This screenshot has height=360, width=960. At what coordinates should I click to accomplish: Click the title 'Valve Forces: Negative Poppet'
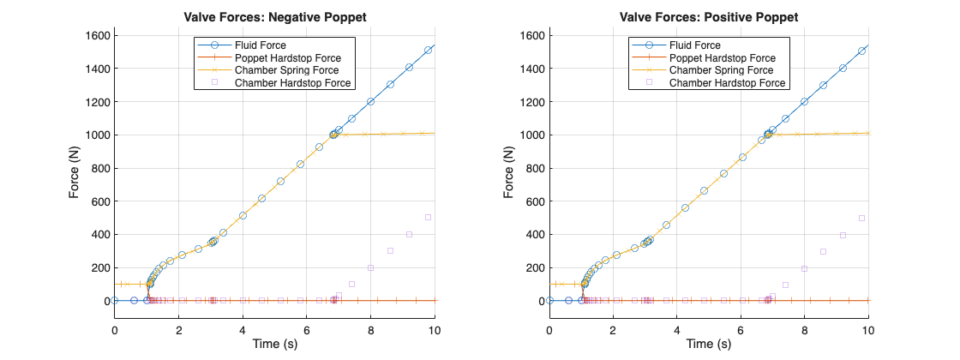point(275,17)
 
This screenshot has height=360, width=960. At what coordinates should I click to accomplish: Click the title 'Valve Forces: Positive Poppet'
point(709,17)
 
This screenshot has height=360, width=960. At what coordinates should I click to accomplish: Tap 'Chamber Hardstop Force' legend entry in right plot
point(727,83)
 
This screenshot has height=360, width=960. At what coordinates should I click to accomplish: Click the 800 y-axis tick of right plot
point(534,168)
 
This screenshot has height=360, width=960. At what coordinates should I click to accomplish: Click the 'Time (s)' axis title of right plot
point(709,345)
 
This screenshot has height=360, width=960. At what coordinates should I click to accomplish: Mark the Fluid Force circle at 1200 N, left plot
point(371,101)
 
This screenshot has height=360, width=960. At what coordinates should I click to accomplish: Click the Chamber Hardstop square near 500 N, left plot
point(428,217)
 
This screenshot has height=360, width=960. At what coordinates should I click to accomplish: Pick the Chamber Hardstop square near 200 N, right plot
point(804,268)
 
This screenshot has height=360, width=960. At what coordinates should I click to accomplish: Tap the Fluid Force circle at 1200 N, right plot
point(804,101)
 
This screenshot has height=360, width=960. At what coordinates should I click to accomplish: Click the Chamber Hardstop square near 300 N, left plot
point(390,250)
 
